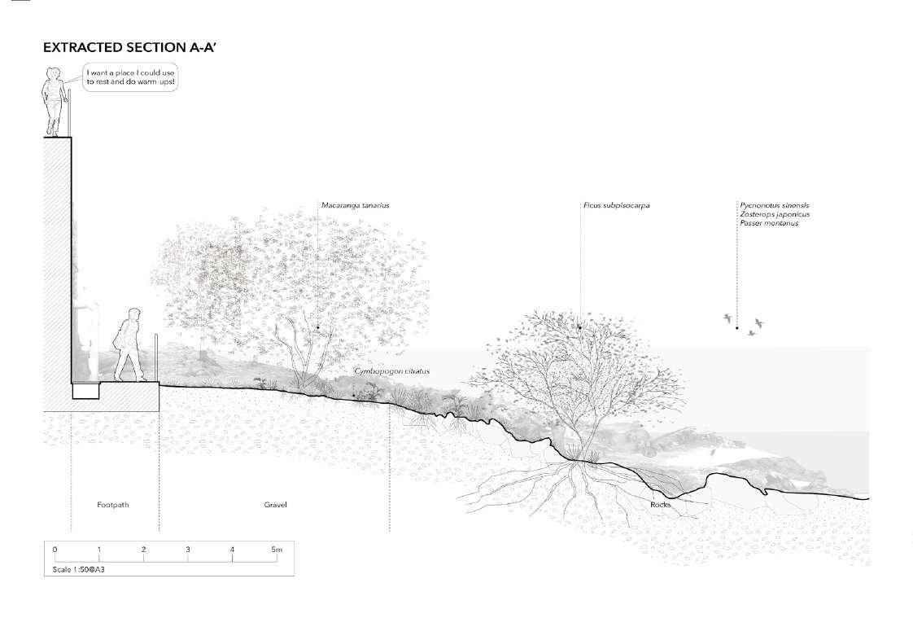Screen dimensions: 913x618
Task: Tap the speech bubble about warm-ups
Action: coord(129,78)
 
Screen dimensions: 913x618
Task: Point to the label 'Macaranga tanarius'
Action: coord(355,205)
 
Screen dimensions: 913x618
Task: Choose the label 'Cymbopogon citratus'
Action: coord(392,371)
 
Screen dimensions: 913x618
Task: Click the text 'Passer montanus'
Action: coord(769,223)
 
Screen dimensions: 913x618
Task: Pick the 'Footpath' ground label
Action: coord(113,505)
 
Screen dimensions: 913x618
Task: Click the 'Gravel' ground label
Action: coord(275,505)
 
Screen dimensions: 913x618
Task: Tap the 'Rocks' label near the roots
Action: coord(660,505)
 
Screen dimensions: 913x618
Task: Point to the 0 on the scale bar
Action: coord(55,550)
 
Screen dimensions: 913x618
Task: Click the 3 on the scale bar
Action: coord(188,550)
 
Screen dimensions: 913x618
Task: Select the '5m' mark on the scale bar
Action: coord(276,550)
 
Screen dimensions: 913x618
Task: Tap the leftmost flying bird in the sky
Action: coord(727,318)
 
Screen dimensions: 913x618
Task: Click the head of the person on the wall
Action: coord(54,74)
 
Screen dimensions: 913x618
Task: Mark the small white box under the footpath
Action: coord(85,392)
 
